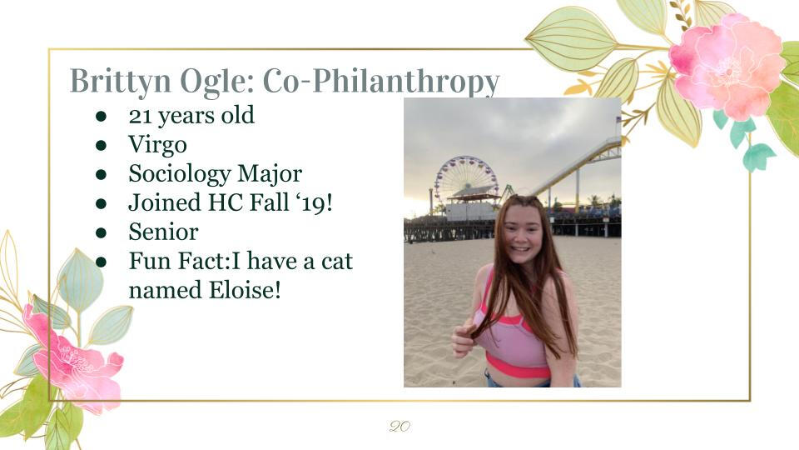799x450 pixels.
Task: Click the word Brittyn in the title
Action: coord(120,82)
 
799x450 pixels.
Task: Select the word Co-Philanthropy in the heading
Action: coord(380,82)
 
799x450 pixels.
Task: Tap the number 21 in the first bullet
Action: coord(140,116)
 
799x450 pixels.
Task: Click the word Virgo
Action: coord(157,145)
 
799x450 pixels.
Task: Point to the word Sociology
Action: coord(180,174)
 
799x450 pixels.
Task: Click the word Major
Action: coord(270,174)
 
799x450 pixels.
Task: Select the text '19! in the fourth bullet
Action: coord(314,203)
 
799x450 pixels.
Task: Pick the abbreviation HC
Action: coord(225,203)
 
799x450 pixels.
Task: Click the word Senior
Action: coord(163,232)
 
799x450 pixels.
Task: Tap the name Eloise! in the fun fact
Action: coord(245,290)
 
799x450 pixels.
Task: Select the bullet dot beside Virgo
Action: coord(101,145)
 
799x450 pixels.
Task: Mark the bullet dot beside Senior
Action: coord(101,232)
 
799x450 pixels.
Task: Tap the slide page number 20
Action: coord(399,426)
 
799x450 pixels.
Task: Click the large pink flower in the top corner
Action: coord(727,67)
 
